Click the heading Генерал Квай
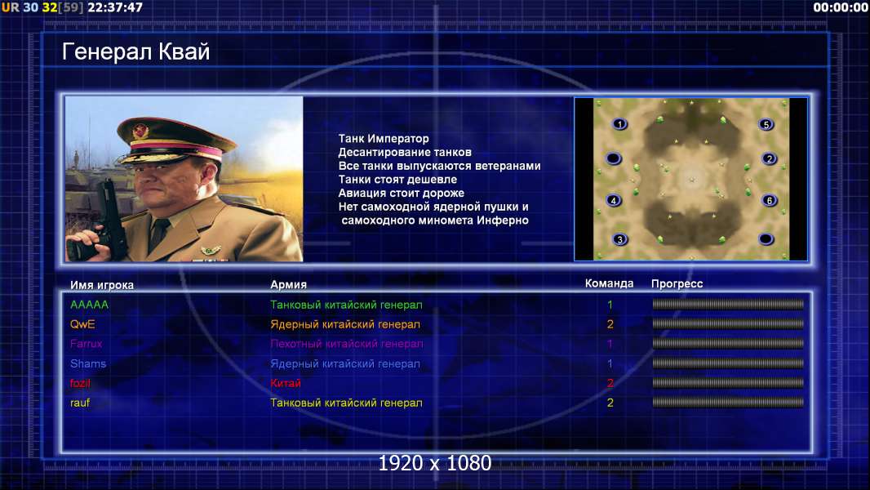click(136, 51)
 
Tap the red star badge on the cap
click(140, 131)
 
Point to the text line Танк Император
click(384, 138)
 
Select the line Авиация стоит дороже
click(402, 193)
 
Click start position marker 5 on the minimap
click(766, 124)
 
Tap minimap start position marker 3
click(619, 239)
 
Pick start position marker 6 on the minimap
click(769, 200)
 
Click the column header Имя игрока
click(101, 285)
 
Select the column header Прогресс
click(677, 283)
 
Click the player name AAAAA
click(89, 305)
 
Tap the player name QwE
click(82, 324)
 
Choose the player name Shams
click(87, 363)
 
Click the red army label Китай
click(285, 383)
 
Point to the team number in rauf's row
click(610, 403)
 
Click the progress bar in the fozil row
click(728, 383)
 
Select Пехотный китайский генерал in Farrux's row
click(346, 344)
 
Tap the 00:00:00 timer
click(841, 7)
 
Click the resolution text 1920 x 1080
click(435, 463)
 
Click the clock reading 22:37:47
click(115, 7)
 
